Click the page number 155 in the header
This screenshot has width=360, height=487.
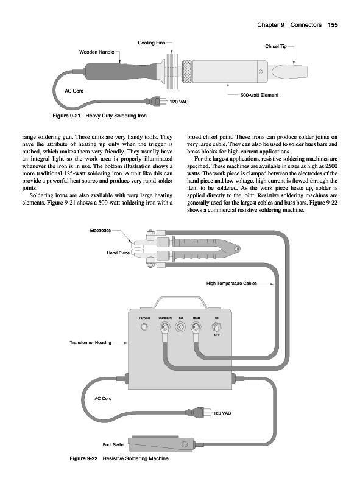(333, 25)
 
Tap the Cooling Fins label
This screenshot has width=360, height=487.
(152, 43)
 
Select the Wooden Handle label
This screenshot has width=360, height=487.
(96, 52)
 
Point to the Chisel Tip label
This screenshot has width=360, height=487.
(276, 46)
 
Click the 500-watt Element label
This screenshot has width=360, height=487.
(259, 95)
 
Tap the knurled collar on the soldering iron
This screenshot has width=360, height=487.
(186, 71)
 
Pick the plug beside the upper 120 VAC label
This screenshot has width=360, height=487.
(155, 101)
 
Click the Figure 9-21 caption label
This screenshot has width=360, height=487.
(66, 116)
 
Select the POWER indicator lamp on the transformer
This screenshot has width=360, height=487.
(144, 327)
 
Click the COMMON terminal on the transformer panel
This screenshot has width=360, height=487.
(164, 327)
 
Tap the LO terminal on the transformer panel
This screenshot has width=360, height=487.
(181, 327)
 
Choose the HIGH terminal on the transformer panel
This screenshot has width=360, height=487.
(196, 327)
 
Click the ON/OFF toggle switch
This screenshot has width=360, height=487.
(217, 327)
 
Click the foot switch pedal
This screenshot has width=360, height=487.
(161, 444)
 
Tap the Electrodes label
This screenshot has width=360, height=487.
(100, 231)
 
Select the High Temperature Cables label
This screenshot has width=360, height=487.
(231, 284)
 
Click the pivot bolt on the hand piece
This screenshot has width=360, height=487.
(237, 248)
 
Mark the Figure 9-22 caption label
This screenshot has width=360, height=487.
(83, 458)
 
